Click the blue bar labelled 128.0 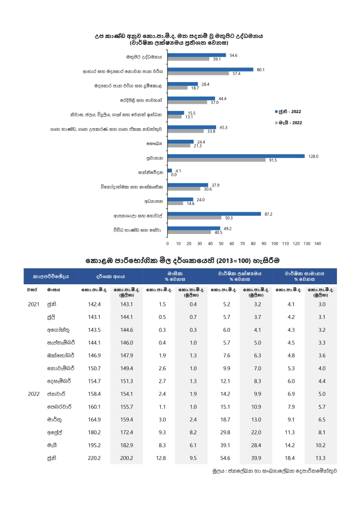click(236, 156)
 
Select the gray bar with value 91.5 click(216, 160)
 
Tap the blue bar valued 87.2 click(214, 214)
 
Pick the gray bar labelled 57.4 click(198, 73)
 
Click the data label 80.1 click(261, 70)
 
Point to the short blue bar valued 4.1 click(169, 170)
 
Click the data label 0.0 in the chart click(174, 175)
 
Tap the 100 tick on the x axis click(275, 243)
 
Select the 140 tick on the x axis click(317, 243)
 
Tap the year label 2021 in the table click(34, 304)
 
